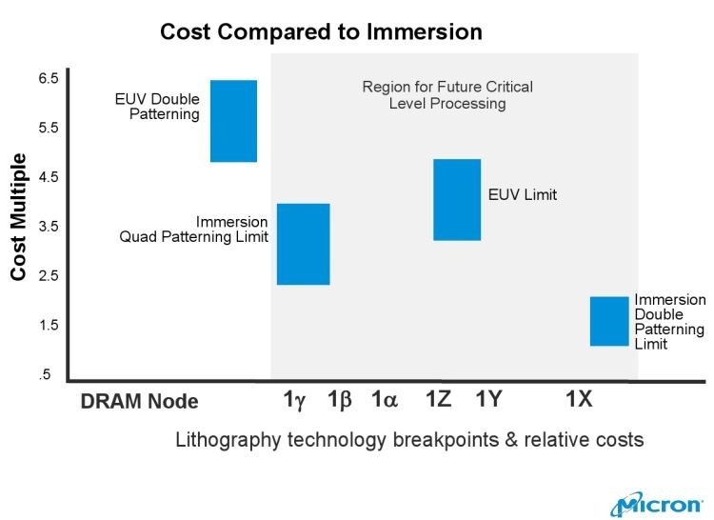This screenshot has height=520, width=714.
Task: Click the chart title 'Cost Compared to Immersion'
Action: [321, 31]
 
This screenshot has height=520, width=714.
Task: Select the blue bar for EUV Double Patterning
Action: [233, 121]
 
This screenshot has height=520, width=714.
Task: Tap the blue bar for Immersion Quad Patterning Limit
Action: [303, 244]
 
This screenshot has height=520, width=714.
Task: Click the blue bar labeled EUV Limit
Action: [457, 199]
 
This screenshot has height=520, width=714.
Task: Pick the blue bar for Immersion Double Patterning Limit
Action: [609, 321]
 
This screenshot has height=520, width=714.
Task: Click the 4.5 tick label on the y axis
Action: [49, 177]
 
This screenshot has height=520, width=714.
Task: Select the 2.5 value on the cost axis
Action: [49, 276]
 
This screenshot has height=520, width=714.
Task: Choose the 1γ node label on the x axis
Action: [294, 401]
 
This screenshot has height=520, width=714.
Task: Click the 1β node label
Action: [340, 401]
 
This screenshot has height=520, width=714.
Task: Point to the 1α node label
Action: [385, 401]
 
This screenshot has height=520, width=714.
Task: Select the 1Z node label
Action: [439, 401]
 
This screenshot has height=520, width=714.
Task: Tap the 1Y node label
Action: [487, 401]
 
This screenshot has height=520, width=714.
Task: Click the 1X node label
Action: [579, 401]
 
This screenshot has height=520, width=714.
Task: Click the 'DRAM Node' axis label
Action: [139, 402]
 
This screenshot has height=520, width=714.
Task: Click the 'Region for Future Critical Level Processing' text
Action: [447, 95]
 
